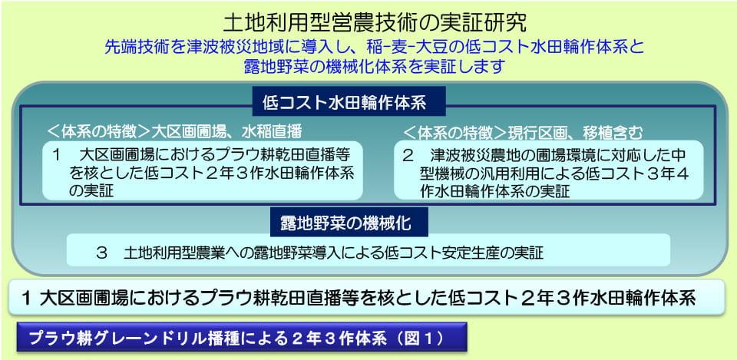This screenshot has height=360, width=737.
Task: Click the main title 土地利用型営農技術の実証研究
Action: [x=368, y=22]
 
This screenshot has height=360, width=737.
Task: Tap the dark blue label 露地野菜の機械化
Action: [x=349, y=223]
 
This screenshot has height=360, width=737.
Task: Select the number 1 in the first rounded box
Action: [x=56, y=155]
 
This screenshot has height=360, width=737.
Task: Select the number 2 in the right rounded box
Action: [x=407, y=155]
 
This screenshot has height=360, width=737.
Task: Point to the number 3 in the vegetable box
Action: [x=101, y=254]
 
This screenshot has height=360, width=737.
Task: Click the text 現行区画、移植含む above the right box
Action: [x=575, y=132]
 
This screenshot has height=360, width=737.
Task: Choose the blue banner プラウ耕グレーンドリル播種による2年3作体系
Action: [x=242, y=337]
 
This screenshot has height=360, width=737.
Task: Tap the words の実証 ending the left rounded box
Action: [x=91, y=192]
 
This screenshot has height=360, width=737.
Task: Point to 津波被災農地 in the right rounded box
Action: [x=475, y=155]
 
